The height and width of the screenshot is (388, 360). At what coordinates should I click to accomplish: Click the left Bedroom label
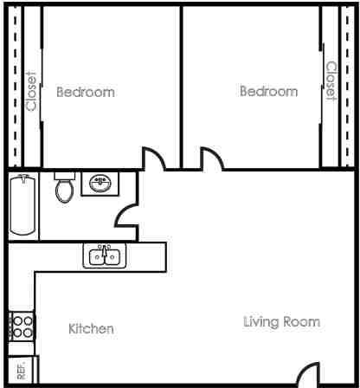coord(85,91)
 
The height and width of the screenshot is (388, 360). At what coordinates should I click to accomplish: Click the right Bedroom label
coord(268,91)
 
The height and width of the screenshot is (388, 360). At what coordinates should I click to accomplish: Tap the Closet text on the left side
coord(32,91)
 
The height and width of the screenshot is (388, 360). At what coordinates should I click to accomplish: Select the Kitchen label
coord(91,329)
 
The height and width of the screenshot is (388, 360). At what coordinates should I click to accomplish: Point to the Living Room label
coord(280,322)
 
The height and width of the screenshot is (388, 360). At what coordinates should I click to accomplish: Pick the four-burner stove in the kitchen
coord(22,327)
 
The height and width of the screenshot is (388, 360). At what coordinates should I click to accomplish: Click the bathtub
coord(23,204)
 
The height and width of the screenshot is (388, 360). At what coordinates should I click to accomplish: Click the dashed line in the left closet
coord(15,87)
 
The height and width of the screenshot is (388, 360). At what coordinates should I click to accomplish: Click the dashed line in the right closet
coord(348,87)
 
